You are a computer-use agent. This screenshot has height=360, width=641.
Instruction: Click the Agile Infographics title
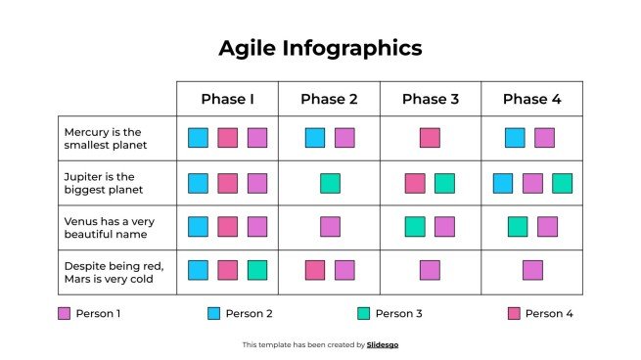pyautogui.click(x=320, y=48)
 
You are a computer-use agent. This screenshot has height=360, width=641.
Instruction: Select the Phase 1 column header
pyautogui.click(x=227, y=99)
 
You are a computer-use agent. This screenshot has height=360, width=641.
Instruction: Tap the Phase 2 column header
pyautogui.click(x=329, y=99)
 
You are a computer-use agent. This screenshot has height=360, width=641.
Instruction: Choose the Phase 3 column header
pyautogui.click(x=431, y=99)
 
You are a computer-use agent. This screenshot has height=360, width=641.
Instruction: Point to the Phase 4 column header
pyautogui.click(x=532, y=99)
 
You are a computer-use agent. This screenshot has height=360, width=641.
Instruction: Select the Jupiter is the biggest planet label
pyautogui.click(x=104, y=183)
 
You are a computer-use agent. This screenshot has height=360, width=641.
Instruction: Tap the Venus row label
pyautogui.click(x=109, y=227)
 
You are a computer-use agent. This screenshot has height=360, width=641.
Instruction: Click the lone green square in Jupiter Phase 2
pyautogui.click(x=330, y=183)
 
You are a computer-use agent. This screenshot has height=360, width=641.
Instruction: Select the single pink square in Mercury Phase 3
pyautogui.click(x=430, y=138)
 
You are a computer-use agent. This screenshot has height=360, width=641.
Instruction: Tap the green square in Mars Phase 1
pyautogui.click(x=257, y=270)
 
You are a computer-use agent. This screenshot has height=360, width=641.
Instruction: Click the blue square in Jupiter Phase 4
pyautogui.click(x=503, y=183)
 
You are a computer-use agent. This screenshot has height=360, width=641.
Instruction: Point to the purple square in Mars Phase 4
pyautogui.click(x=532, y=270)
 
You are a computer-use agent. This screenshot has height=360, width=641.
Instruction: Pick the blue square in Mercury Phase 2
pyautogui.click(x=315, y=138)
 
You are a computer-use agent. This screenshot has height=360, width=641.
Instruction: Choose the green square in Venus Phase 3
pyautogui.click(x=415, y=227)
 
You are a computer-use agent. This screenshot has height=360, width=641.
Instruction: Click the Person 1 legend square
pyautogui.click(x=64, y=314)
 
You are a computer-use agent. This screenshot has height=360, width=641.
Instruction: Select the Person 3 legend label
pyautogui.click(x=399, y=314)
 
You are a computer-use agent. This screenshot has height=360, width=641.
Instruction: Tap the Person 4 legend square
pyautogui.click(x=514, y=314)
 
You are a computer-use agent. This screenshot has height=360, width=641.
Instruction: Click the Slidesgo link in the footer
pyautogui.click(x=383, y=344)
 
